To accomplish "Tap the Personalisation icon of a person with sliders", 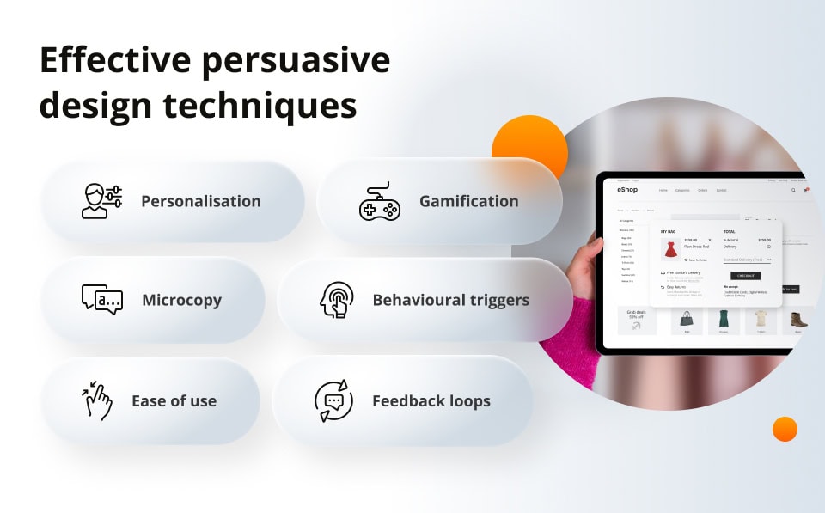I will (101, 201).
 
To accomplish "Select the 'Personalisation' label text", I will (200, 201).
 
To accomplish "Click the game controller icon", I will (379, 202).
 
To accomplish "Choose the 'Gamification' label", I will (468, 201).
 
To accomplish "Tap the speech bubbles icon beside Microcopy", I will (101, 300).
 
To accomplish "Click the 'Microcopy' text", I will (181, 300).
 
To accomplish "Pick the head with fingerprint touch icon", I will (336, 301).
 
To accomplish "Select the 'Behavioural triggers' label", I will (450, 300).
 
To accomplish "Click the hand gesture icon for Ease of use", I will (98, 401).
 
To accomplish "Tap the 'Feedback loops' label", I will (431, 401).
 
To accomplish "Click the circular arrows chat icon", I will (333, 401).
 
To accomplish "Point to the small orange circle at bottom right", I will (785, 429).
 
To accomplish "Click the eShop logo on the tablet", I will (626, 190).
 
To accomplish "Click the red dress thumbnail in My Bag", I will (671, 249).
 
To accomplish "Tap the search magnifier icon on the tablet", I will (793, 190).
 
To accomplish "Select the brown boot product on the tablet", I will (798, 320).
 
